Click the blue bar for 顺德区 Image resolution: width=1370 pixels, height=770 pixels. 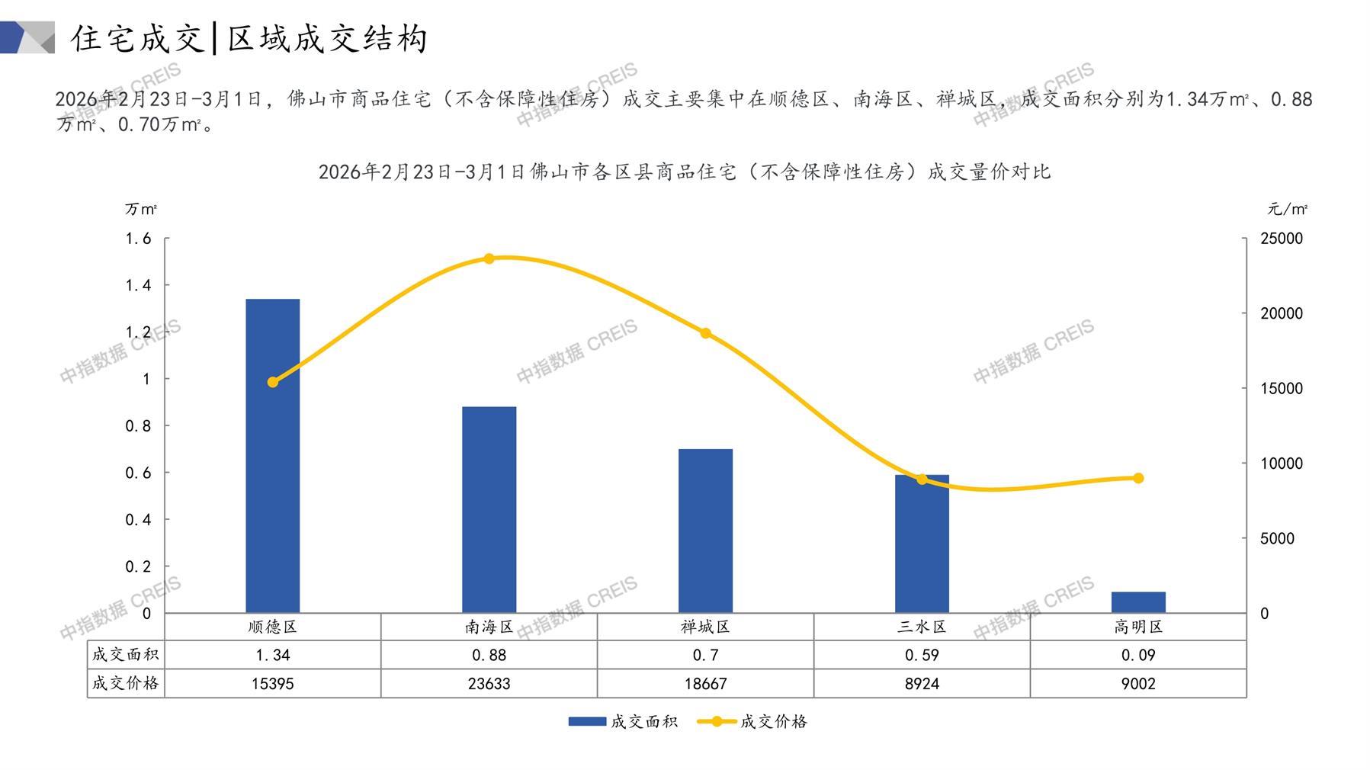coord(272,456)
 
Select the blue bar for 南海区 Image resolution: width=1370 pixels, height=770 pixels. coord(489,509)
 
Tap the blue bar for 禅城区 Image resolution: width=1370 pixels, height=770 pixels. coord(705,531)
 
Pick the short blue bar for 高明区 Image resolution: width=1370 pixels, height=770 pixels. coord(1137,602)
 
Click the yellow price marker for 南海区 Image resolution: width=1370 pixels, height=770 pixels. coord(489,258)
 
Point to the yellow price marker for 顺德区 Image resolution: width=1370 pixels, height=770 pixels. coord(273,382)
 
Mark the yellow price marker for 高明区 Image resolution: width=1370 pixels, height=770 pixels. coord(1138,478)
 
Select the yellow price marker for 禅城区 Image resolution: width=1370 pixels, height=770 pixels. coord(705,333)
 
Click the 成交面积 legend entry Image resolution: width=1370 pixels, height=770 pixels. coord(623,721)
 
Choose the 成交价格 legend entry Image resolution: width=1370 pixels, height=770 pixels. coord(752,721)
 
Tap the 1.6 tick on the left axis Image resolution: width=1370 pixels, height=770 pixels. coord(138,239)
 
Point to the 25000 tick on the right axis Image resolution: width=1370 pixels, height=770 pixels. coord(1282,239)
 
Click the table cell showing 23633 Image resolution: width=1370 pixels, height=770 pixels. coord(489,683)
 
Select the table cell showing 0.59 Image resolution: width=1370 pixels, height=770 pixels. coord(922,655)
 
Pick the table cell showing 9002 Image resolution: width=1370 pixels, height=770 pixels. coord(1138,683)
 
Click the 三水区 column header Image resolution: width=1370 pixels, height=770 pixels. coord(922,627)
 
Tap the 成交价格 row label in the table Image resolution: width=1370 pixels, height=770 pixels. coord(126,683)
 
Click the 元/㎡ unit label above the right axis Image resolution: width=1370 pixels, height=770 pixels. coord(1288,209)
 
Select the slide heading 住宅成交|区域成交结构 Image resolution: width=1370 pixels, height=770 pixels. coord(249,38)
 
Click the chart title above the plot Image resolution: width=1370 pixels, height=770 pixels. coord(684,172)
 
